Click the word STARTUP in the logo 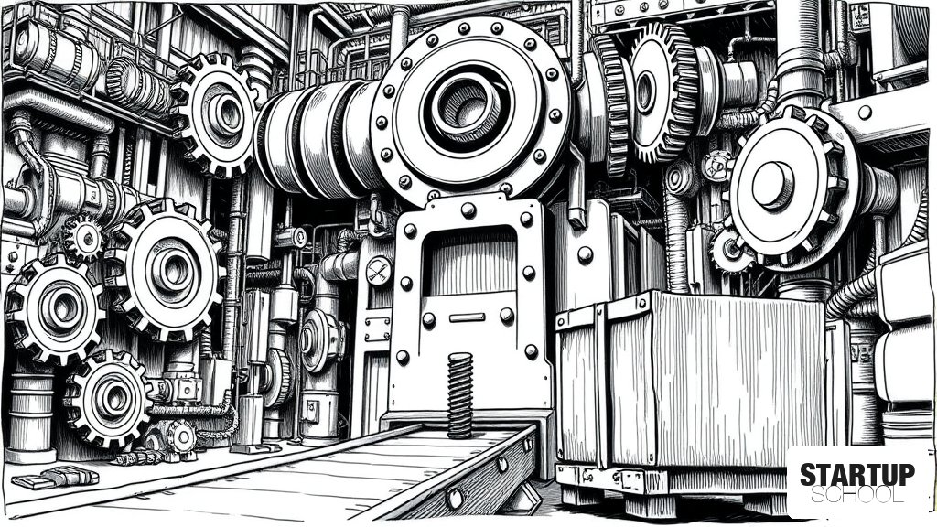857,475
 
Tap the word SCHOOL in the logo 857,495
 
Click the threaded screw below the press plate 459,395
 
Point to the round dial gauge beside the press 379,271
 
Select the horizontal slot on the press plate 467,317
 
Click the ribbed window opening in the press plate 469,261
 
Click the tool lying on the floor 55,476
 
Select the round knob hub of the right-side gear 772,185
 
